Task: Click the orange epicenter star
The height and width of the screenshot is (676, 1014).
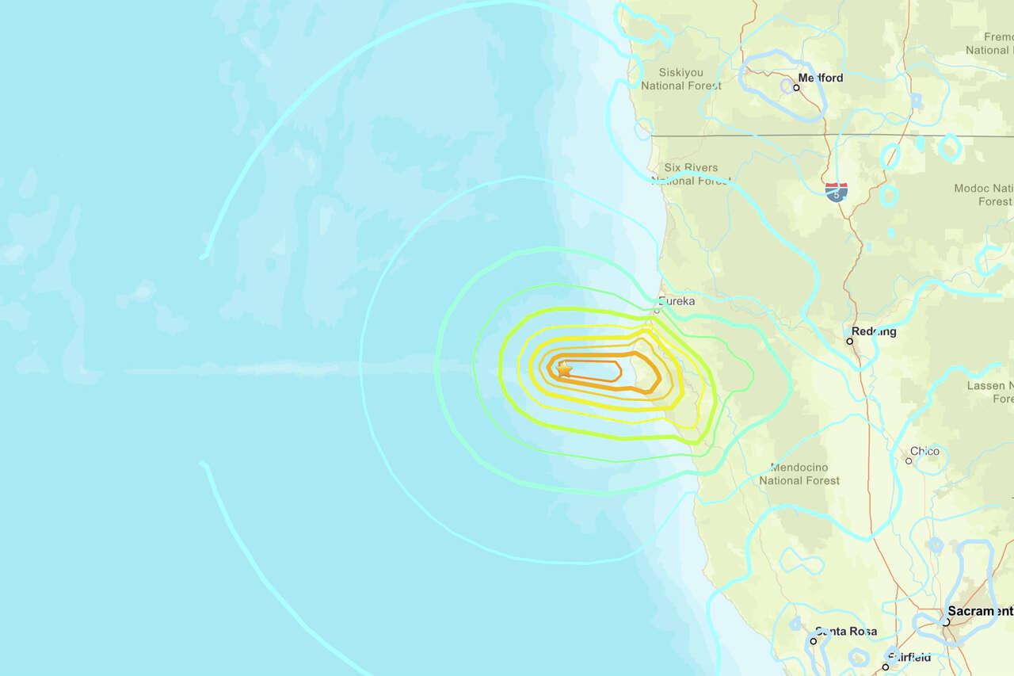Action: tap(564, 369)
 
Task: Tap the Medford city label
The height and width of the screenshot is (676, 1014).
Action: tap(821, 78)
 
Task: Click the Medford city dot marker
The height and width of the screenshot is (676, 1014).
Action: tap(796, 87)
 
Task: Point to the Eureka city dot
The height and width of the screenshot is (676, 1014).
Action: tap(657, 311)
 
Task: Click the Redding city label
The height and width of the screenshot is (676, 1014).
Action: tap(874, 331)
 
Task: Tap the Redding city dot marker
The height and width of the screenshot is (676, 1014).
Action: tap(849, 342)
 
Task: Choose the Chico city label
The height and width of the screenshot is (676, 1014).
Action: tap(924, 451)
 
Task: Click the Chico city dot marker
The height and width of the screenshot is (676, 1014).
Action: tap(909, 460)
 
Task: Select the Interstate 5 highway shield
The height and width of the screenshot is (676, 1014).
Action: tap(836, 192)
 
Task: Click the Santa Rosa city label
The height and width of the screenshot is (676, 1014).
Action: tap(846, 632)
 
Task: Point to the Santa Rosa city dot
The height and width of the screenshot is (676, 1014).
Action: tap(814, 640)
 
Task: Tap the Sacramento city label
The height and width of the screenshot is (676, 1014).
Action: tap(981, 611)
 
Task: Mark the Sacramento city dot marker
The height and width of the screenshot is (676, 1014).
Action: tap(946, 622)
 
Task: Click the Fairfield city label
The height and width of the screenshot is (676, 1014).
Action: tap(909, 657)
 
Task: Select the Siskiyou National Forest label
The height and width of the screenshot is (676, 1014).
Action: tap(680, 78)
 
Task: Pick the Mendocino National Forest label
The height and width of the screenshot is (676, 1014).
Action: tap(799, 473)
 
